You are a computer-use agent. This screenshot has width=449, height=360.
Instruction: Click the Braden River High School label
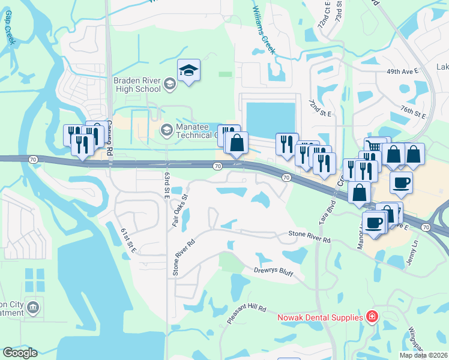click(137, 84)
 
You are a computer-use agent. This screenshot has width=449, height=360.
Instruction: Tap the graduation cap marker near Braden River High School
click(188, 71)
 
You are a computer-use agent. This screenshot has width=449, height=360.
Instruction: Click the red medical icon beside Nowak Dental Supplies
click(372, 316)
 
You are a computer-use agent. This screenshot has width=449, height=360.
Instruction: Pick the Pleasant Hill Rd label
click(246, 314)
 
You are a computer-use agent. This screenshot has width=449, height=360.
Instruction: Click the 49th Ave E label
click(402, 71)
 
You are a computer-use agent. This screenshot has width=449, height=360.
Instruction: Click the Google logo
click(20, 353)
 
